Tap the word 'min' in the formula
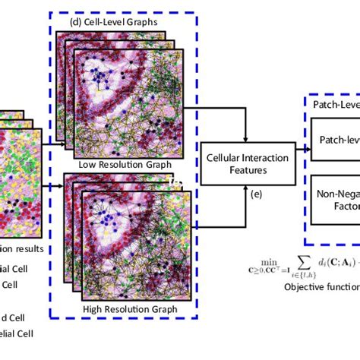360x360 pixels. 267,258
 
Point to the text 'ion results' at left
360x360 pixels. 22,248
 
